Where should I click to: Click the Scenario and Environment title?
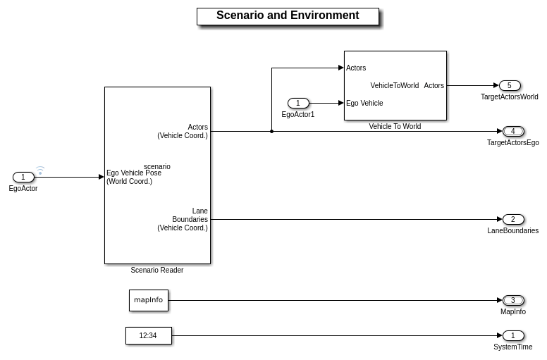(x=288, y=15)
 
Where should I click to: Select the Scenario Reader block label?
(x=157, y=270)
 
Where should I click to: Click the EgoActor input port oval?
(x=23, y=178)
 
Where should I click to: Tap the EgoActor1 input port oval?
(x=298, y=104)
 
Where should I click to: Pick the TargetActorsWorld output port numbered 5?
(x=510, y=86)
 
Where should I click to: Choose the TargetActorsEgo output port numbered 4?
(x=513, y=131)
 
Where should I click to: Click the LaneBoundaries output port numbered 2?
(x=513, y=219)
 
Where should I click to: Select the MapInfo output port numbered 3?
(x=513, y=300)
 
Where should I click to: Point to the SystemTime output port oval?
(x=513, y=335)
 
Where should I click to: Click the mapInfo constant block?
(x=149, y=300)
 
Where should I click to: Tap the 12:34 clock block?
(x=149, y=335)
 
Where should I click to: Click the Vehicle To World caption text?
(x=395, y=127)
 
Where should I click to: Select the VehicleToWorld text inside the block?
(x=395, y=86)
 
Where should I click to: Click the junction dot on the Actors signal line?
(x=271, y=131)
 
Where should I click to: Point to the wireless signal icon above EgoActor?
(x=40, y=170)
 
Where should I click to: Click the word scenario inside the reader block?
(x=157, y=166)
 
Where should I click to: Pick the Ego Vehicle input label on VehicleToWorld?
(x=364, y=104)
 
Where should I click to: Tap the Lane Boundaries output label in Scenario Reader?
(x=183, y=219)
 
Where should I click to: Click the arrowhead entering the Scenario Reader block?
(x=101, y=178)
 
